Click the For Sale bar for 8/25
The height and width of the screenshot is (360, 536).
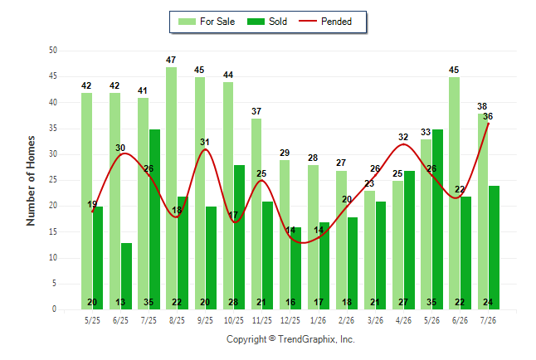[171, 188]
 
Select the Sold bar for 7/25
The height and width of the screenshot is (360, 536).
[154, 220]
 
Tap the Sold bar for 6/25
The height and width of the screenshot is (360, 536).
[126, 276]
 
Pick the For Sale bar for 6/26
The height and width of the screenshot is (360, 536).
[454, 193]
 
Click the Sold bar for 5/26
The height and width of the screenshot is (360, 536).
[437, 220]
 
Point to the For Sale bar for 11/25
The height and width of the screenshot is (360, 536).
[256, 214]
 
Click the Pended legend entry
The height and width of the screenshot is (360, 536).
[325, 22]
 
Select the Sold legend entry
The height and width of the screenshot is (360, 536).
[267, 22]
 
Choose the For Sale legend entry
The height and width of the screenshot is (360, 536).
[207, 22]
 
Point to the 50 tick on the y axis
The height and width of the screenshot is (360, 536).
[52, 51]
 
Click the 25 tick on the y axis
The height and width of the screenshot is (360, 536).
[52, 179]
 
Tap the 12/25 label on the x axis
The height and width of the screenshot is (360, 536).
[290, 320]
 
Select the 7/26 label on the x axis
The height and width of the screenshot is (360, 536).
[488, 320]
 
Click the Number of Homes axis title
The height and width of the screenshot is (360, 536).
[31, 181]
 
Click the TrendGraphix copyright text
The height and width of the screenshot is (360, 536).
[290, 339]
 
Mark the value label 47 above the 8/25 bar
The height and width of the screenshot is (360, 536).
[171, 60]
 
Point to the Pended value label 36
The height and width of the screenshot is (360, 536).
[488, 116]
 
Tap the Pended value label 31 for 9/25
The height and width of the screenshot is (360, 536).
[205, 142]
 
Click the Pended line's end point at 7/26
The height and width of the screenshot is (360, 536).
[489, 124]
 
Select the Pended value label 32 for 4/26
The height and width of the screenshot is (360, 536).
[403, 137]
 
